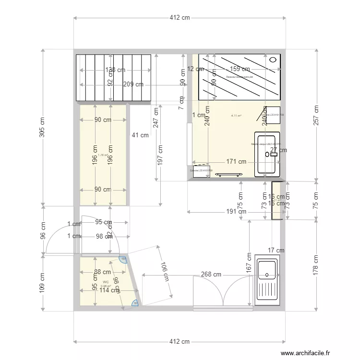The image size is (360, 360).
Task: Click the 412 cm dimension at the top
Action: [x=180, y=18]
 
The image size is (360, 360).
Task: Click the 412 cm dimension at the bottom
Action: [x=180, y=342]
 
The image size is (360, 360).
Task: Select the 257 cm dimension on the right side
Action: [x=316, y=115]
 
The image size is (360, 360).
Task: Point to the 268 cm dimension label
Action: [x=211, y=275]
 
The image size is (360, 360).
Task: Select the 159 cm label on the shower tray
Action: [x=240, y=69]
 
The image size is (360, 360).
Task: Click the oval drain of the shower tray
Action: [x=274, y=60]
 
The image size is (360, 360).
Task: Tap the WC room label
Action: [x=105, y=282]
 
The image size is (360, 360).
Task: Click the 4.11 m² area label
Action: [x=236, y=116]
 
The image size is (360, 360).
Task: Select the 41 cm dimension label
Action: [x=140, y=135]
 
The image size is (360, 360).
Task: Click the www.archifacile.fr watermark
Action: [x=305, y=353]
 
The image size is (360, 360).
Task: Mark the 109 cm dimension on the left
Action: [x=42, y=283]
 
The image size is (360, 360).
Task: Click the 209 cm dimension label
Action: [x=133, y=84]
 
